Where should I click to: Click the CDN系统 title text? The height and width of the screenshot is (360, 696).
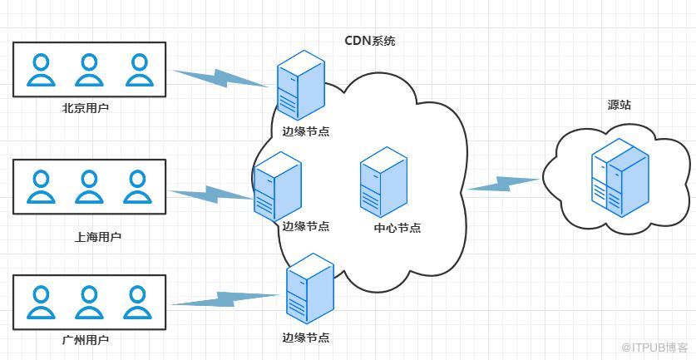tap(370, 41)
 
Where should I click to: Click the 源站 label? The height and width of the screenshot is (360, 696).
tap(619, 106)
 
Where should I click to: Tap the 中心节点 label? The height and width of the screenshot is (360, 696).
tap(397, 228)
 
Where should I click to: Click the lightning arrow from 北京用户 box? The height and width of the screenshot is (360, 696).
tap(223, 76)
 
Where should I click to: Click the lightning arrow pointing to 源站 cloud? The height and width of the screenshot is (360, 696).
tap(504, 183)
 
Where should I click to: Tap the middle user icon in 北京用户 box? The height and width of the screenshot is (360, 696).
tap(87, 71)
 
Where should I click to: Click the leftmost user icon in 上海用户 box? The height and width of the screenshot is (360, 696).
tap(38, 187)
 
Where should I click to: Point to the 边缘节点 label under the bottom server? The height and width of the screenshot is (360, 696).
tap(306, 338)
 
